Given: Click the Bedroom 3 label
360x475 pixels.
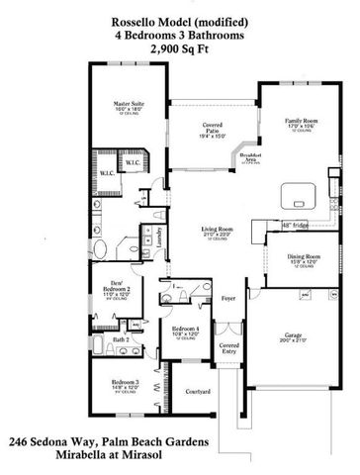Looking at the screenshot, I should click(x=125, y=382).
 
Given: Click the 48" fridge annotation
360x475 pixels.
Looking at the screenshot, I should click(x=264, y=226).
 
